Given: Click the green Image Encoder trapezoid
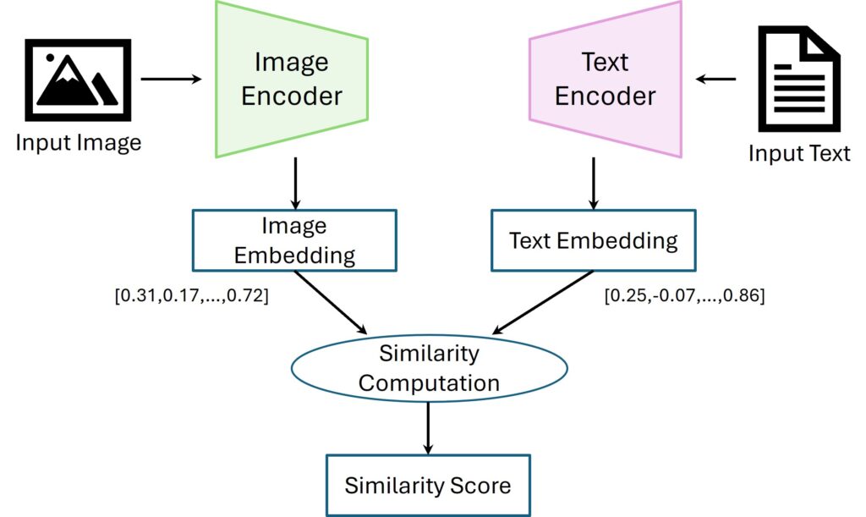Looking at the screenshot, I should click(292, 78).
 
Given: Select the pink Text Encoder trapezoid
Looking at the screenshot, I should click(605, 78).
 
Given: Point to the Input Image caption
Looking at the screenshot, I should click(79, 142).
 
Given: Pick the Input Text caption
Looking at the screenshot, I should click(798, 153).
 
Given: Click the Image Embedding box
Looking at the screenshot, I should click(294, 240).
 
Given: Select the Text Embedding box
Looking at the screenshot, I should click(593, 240).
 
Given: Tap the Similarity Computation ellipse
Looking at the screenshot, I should click(429, 367).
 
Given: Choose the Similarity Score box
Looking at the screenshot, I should click(428, 485).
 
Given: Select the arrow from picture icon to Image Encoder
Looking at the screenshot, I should click(172, 80).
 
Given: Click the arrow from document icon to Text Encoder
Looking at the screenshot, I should click(715, 80).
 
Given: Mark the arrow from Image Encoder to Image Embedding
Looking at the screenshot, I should click(295, 183).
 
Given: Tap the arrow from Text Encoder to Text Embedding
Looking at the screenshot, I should click(593, 183).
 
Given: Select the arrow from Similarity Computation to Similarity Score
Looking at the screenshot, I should click(429, 427).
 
